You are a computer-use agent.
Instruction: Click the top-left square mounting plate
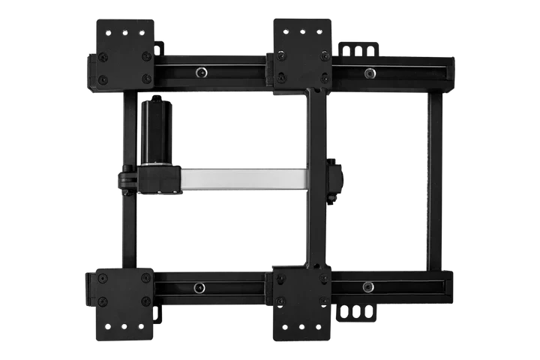[124, 51]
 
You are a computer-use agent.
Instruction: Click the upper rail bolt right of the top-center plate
[369, 72]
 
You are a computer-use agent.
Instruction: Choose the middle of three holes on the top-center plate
[301, 33]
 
